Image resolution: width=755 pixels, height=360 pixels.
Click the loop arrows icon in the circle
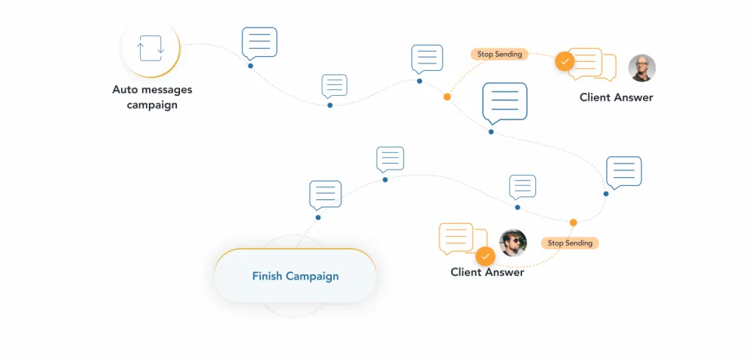coord(150,48)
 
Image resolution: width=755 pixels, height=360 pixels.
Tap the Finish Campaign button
coord(295,276)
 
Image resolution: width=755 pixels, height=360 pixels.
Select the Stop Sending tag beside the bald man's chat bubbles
coord(499,54)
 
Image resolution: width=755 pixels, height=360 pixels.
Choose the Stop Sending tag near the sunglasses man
coord(570,243)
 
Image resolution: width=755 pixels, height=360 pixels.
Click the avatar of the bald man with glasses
coord(642,68)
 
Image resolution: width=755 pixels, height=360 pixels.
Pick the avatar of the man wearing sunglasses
coord(513,243)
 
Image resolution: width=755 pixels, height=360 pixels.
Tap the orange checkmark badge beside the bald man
coord(565,61)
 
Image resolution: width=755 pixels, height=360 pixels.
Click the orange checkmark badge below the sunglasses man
coord(485,256)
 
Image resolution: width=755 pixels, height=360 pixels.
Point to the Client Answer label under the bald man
coord(616,97)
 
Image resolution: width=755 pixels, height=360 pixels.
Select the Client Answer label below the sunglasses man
coord(487,272)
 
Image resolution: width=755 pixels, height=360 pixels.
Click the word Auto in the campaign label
coord(123,90)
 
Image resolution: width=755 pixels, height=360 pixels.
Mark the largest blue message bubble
coord(504,103)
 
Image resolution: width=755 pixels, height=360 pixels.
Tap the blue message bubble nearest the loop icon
coord(259,44)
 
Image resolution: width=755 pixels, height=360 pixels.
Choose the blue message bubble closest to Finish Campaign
coord(325,195)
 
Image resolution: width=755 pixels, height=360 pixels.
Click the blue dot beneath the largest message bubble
coord(491,131)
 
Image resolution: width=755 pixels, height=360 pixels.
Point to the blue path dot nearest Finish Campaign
coord(318,218)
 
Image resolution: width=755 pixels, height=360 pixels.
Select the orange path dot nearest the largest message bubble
coord(447,97)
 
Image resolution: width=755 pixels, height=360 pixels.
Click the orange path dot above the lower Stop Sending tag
coord(573,223)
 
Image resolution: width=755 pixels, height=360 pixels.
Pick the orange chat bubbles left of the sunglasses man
coord(462,238)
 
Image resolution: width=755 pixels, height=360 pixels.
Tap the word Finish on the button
coord(267,276)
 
